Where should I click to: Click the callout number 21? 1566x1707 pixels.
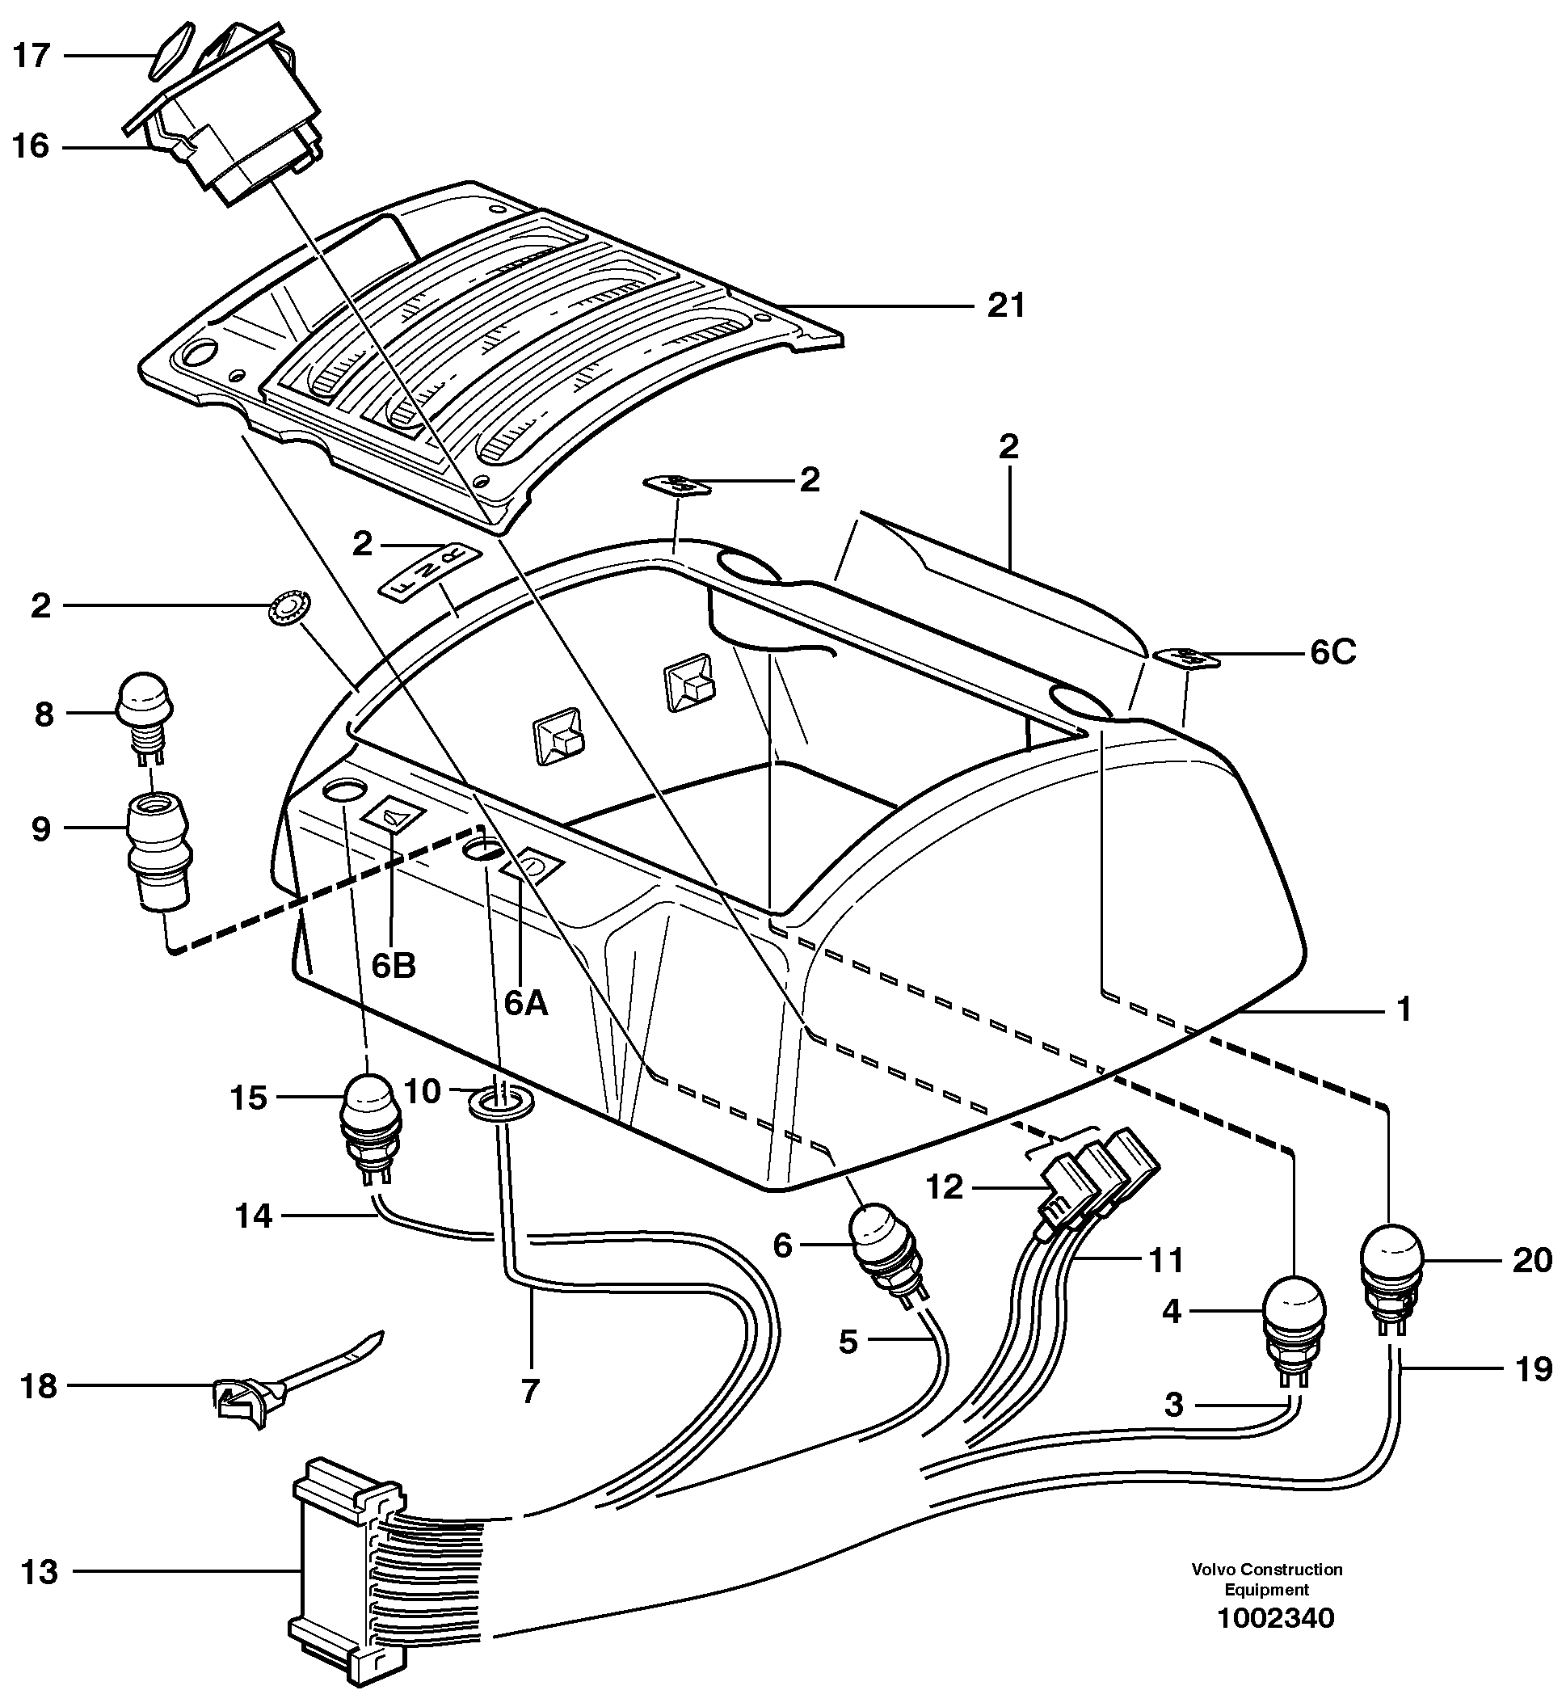pyautogui.click(x=1007, y=306)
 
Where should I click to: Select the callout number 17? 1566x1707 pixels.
pyautogui.click(x=32, y=56)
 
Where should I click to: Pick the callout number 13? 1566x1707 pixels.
pyautogui.click(x=39, y=1572)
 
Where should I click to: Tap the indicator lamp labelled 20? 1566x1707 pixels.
pyautogui.click(x=1391, y=1270)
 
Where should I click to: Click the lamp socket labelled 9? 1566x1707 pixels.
pyautogui.click(x=158, y=848)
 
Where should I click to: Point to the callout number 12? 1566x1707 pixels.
pyautogui.click(x=944, y=1187)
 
